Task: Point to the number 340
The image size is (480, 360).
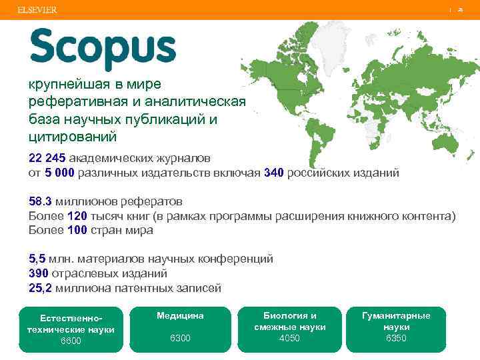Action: point(274,173)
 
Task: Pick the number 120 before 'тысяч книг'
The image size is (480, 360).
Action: point(77,216)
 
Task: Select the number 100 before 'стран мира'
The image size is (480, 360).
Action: point(77,231)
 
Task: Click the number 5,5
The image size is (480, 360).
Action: point(37,259)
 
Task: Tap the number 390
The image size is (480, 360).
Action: point(39,273)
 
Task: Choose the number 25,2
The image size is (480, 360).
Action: point(41,288)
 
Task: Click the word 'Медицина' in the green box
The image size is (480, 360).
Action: point(180,315)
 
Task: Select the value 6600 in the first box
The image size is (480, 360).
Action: point(71,341)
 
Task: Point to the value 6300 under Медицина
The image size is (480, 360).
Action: point(180,338)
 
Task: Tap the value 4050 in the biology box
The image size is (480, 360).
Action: point(290,338)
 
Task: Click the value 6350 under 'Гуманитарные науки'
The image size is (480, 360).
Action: point(396,338)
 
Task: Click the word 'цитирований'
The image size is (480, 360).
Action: point(73,137)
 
